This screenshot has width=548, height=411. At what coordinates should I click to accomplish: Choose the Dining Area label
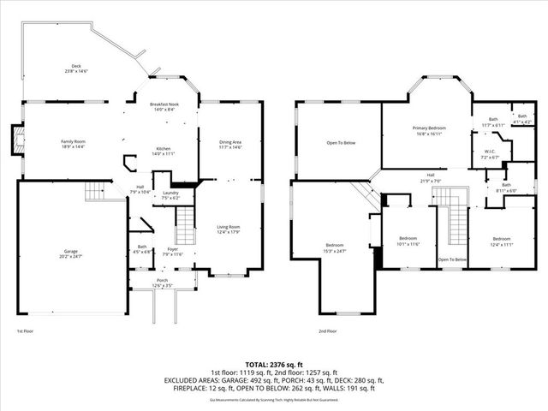coord(230,144)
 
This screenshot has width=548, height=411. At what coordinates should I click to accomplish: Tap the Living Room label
coord(228,229)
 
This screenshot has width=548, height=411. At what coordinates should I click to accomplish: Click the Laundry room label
coord(171,194)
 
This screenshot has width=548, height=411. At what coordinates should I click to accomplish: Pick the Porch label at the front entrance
coord(162,282)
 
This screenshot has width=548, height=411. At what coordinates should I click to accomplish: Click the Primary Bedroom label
coord(426,131)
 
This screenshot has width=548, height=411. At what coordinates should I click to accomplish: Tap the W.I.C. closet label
coord(489,155)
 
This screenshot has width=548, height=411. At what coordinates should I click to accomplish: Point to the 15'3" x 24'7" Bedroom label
coord(334,247)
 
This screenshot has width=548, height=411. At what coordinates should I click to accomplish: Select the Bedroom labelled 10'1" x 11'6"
coord(408,241)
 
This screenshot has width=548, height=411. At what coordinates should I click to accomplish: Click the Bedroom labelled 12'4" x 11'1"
coord(503,241)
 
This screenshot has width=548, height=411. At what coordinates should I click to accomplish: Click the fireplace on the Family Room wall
coord(16,141)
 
